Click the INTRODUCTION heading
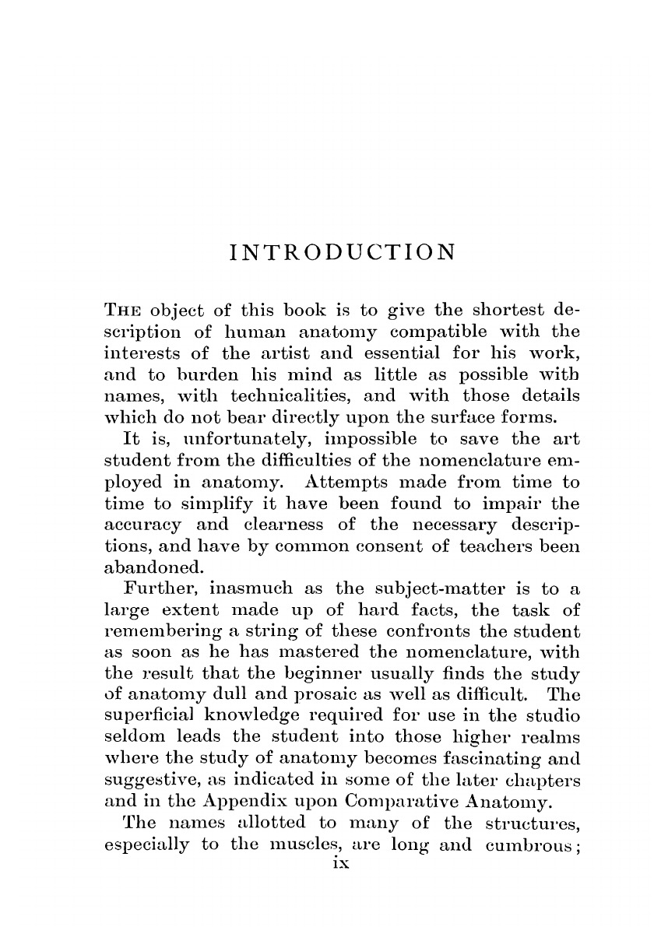(x=343, y=253)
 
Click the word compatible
(x=443, y=331)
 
